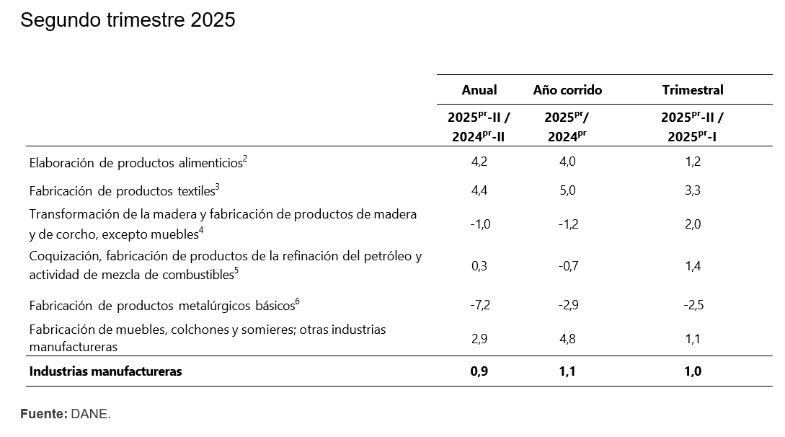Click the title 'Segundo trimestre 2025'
(x=128, y=20)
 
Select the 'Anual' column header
(x=479, y=90)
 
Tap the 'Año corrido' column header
(x=567, y=90)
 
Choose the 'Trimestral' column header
(x=692, y=90)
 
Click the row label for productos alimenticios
(x=138, y=163)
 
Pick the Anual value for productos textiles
(x=479, y=191)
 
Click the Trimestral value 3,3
(x=692, y=191)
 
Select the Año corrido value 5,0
(x=567, y=191)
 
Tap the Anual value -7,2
(x=479, y=305)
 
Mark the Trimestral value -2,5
(x=692, y=305)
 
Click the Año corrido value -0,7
(x=567, y=266)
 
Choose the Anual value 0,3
(x=479, y=266)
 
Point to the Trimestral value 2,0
(x=692, y=224)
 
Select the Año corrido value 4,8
(x=567, y=339)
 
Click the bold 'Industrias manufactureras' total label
(x=105, y=372)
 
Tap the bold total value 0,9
(x=479, y=372)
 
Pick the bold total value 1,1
(x=567, y=372)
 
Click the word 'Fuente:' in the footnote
(x=43, y=414)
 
